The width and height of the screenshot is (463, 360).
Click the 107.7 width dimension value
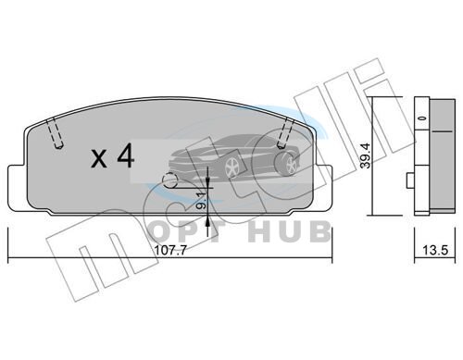tap(170, 250)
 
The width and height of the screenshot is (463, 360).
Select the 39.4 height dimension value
tap(366, 155)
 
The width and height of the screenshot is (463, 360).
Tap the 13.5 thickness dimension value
tap(435, 250)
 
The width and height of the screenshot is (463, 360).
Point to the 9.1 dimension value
tap(201, 200)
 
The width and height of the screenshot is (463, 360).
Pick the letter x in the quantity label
tap(99, 159)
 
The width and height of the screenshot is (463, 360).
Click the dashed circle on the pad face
tap(170, 180)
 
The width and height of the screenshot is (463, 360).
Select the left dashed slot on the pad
tap(55, 133)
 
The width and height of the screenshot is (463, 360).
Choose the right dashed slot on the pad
tap(285, 133)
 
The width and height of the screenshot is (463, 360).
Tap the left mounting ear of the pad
tap(16, 188)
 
